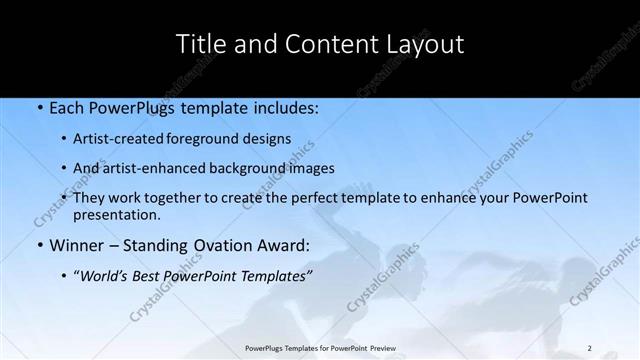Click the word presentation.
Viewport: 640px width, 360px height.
[116, 215]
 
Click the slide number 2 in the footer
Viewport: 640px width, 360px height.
[590, 348]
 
